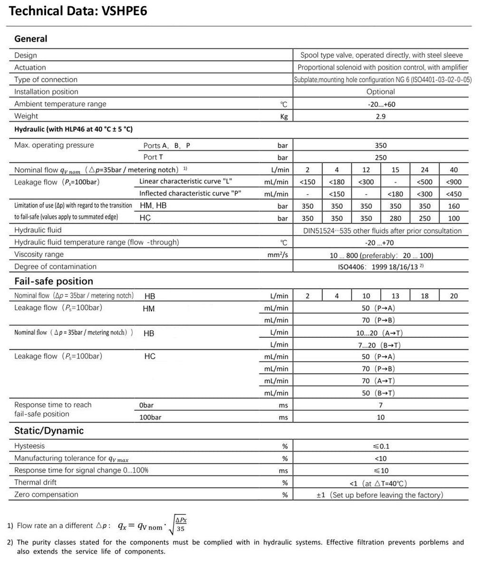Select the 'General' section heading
[x=31, y=39]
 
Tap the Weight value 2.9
[x=380, y=116]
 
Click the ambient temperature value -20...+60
[x=380, y=104]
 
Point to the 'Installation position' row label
[x=46, y=92]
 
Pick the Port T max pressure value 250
[x=380, y=158]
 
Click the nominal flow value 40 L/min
[x=454, y=170]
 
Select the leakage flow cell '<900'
[x=454, y=182]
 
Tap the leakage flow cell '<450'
[x=454, y=194]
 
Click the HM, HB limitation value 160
[x=454, y=206]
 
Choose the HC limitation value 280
[x=395, y=218]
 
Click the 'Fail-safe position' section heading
[x=54, y=281]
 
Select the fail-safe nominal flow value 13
[x=395, y=296]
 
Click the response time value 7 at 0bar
[x=380, y=405]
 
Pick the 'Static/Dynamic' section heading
[x=49, y=431]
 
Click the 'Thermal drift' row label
[x=35, y=483]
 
